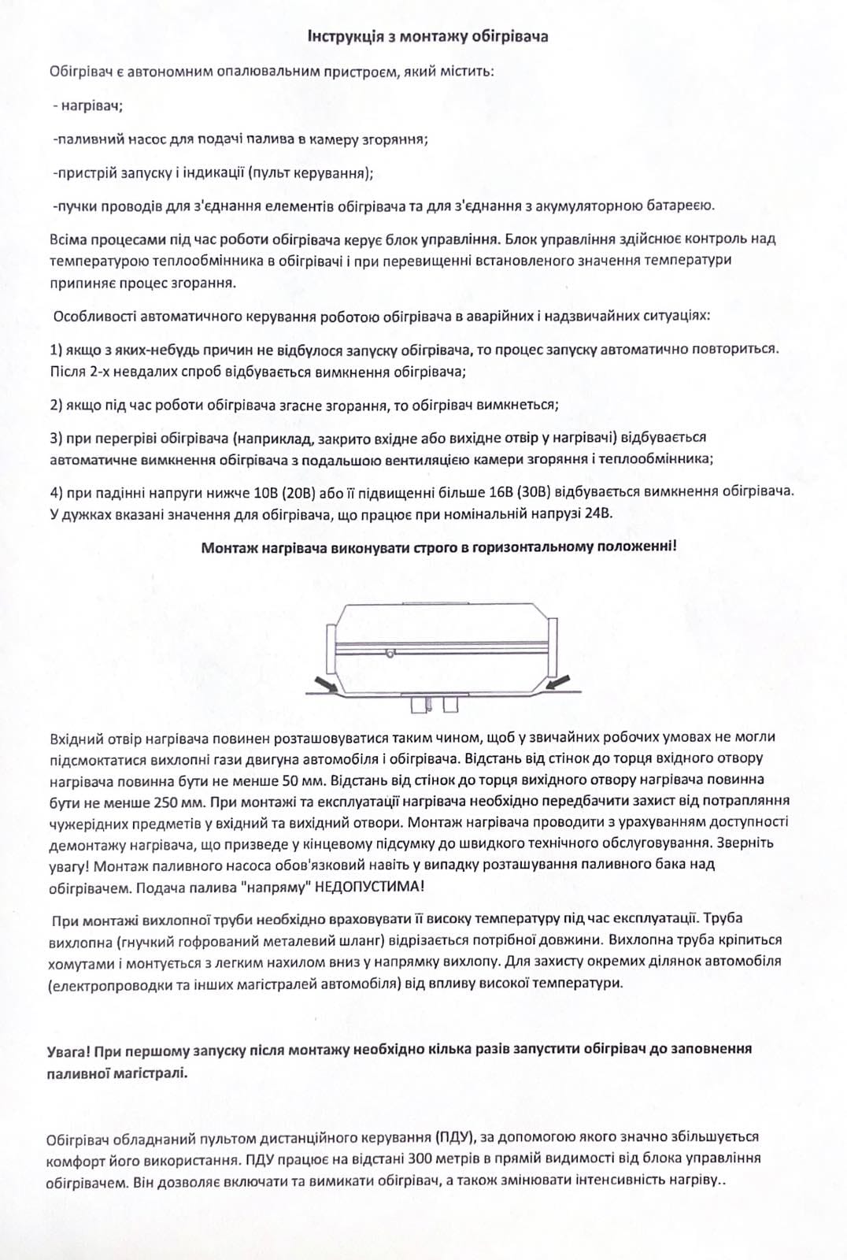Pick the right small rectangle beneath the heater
click(450, 703)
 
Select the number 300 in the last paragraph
click(425, 1158)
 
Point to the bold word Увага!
click(69, 1050)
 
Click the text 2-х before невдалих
click(97, 370)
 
